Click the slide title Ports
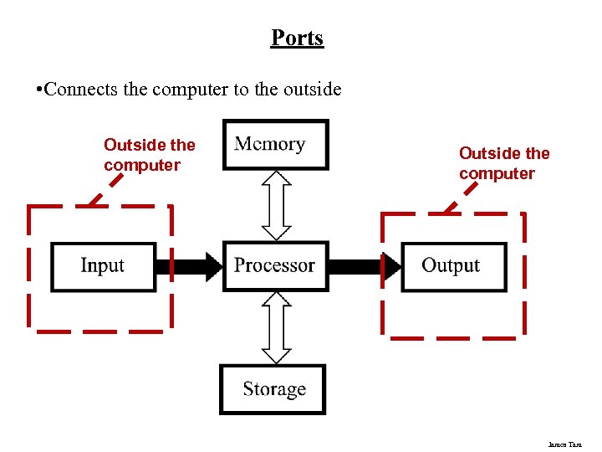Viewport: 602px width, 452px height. (x=297, y=39)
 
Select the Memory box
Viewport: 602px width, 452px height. (x=276, y=144)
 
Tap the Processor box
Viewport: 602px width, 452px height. (x=275, y=265)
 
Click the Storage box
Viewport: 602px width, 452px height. (x=273, y=389)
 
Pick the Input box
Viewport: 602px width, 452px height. (x=104, y=266)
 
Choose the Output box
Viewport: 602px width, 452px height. (x=453, y=266)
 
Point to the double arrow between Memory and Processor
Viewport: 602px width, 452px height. (x=276, y=205)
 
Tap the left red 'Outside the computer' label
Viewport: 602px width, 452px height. (x=149, y=155)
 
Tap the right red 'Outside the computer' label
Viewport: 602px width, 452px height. (x=504, y=163)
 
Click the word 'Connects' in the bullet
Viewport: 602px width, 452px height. (x=81, y=89)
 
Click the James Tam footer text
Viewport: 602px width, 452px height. (x=565, y=444)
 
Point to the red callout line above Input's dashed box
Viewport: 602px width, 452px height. (x=97, y=198)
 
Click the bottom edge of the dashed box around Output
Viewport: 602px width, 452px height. (x=454, y=338)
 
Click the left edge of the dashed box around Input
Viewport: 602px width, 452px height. (x=29, y=266)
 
